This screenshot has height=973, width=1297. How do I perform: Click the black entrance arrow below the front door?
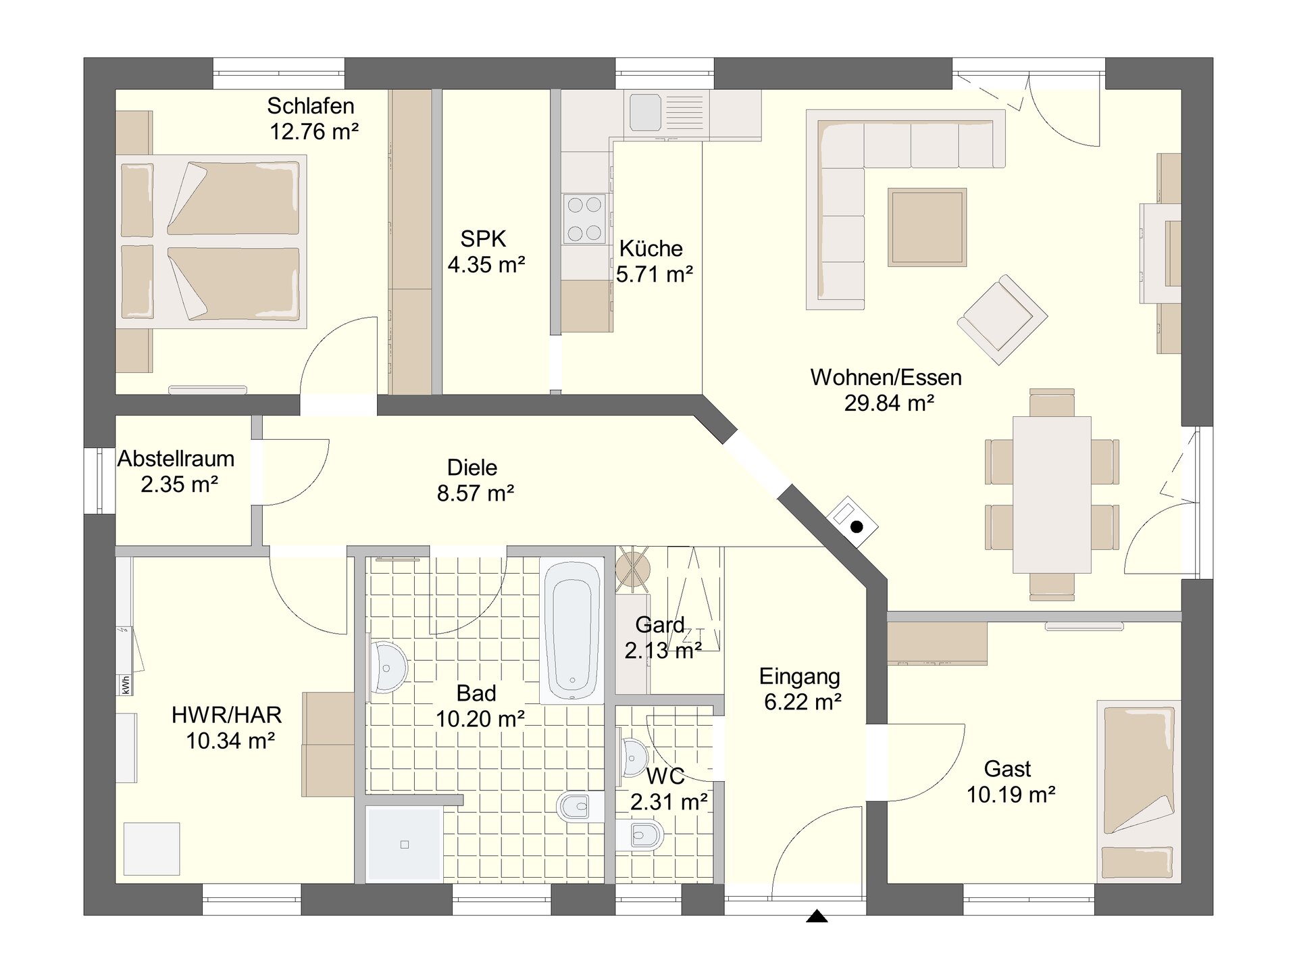817,916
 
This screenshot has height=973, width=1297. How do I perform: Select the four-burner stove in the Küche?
585,218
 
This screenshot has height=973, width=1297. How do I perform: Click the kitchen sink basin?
645,112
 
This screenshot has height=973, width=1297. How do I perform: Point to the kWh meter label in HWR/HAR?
125,684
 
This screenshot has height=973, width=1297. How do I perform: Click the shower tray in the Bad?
404,845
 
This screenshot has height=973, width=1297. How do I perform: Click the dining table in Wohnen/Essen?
1052,495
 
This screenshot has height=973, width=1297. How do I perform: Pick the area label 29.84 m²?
889,403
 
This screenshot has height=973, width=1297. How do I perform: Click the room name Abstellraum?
176,459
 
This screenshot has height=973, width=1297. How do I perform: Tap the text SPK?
483,239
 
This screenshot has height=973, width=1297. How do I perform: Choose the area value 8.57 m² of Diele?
476,493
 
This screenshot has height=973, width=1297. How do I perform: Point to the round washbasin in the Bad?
387,668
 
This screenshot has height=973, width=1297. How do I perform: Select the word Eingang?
800,676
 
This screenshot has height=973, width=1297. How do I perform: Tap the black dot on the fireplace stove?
857,527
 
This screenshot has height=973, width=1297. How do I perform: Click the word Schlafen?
311,106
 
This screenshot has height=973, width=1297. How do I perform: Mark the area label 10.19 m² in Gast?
1011,795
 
